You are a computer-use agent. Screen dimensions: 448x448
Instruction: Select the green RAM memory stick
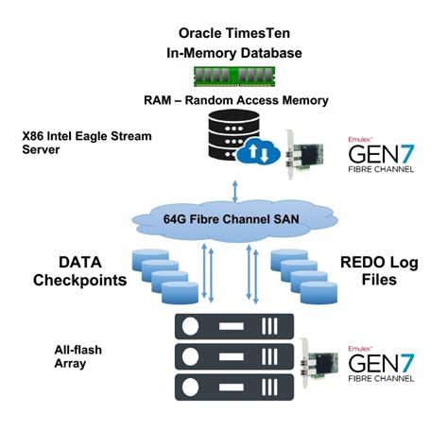[224, 74]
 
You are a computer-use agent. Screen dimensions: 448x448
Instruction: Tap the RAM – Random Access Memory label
[223, 100]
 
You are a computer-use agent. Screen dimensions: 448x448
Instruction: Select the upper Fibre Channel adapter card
[302, 152]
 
